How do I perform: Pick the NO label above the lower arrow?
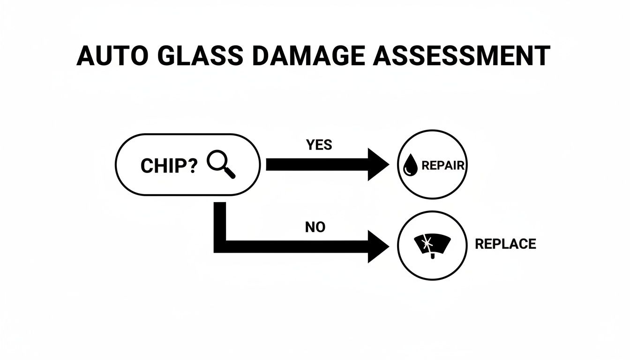[x=315, y=228]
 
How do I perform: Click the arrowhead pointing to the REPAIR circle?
[x=378, y=165]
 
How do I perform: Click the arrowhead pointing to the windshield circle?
[x=378, y=247]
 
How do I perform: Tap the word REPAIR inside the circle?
[x=442, y=166]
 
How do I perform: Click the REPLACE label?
[x=505, y=244]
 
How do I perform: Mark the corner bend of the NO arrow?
[x=220, y=247]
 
